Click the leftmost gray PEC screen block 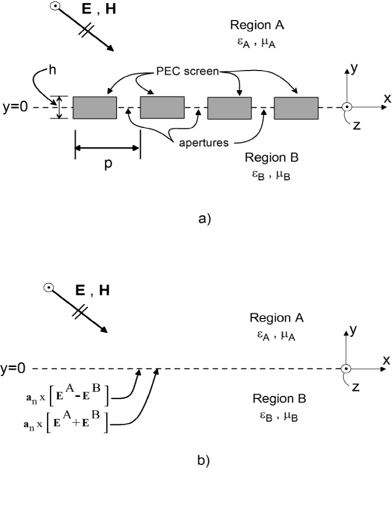pos(95,108)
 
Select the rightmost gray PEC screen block pos(296,108)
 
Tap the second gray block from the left pos(162,108)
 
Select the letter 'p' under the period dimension pos(108,164)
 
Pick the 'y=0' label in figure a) pos(15,108)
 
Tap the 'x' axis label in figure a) pos(387,98)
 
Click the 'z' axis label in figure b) pos(356,388)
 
